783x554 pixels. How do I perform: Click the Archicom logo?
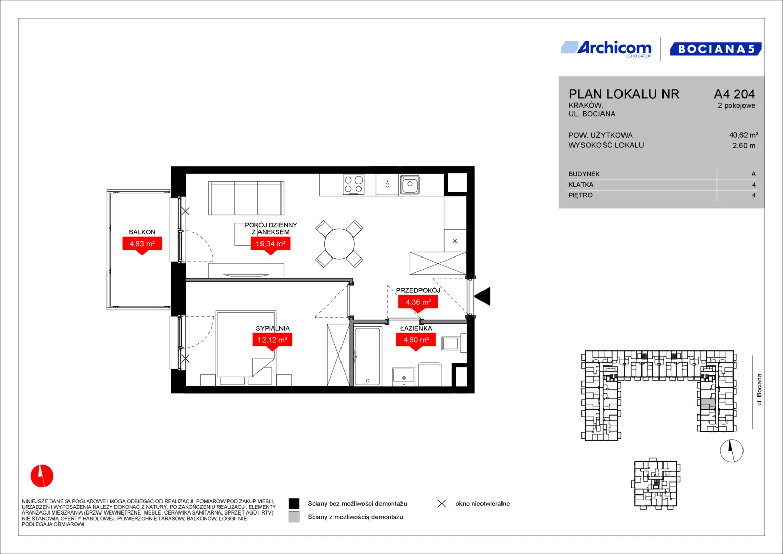(607, 49)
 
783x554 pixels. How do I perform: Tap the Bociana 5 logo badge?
(716, 49)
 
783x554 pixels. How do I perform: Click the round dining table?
(339, 244)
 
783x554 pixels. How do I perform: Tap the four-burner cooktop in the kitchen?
(353, 185)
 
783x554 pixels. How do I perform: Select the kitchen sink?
(410, 184)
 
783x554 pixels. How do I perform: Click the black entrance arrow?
(482, 296)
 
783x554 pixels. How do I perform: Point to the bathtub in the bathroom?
(367, 356)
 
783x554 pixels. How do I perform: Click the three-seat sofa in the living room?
(246, 198)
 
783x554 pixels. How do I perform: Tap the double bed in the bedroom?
(246, 348)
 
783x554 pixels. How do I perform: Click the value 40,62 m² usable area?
(744, 135)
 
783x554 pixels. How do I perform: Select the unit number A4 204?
(734, 94)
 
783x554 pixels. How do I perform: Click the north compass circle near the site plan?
(732, 450)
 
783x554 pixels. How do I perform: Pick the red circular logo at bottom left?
(42, 476)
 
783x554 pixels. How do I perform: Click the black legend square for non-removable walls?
(294, 503)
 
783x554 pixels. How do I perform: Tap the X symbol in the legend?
(442, 504)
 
